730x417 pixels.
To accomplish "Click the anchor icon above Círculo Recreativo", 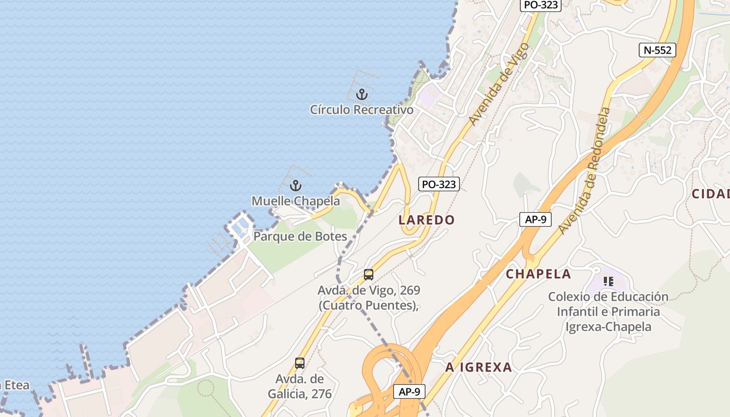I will pos(361,95).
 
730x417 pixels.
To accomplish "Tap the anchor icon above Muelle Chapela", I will pos(296,186).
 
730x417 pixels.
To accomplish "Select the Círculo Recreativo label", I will pos(361,110).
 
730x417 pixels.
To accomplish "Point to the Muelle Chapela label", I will pos(296,201).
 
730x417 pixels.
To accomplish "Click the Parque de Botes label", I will pos(300,236).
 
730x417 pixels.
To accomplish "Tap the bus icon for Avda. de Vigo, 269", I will pos(369,275).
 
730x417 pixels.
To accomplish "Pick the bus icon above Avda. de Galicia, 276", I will pos(300,363).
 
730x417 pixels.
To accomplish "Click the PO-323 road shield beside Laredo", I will pos(439,184).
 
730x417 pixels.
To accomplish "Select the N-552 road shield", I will pos(658,50).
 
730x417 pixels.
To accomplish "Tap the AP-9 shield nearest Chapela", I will pos(535,219).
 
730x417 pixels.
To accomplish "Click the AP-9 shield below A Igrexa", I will pos(409,391).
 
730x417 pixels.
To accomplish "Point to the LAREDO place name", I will pos(427,220).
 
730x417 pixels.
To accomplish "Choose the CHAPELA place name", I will pos(538,274).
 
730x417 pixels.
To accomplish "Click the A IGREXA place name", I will pos(478,367).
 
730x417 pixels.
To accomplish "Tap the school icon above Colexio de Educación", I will pos(608,281).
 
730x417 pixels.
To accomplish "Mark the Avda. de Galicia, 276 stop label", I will pos(300,386).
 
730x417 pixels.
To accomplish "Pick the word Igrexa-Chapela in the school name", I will pos(609,327).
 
